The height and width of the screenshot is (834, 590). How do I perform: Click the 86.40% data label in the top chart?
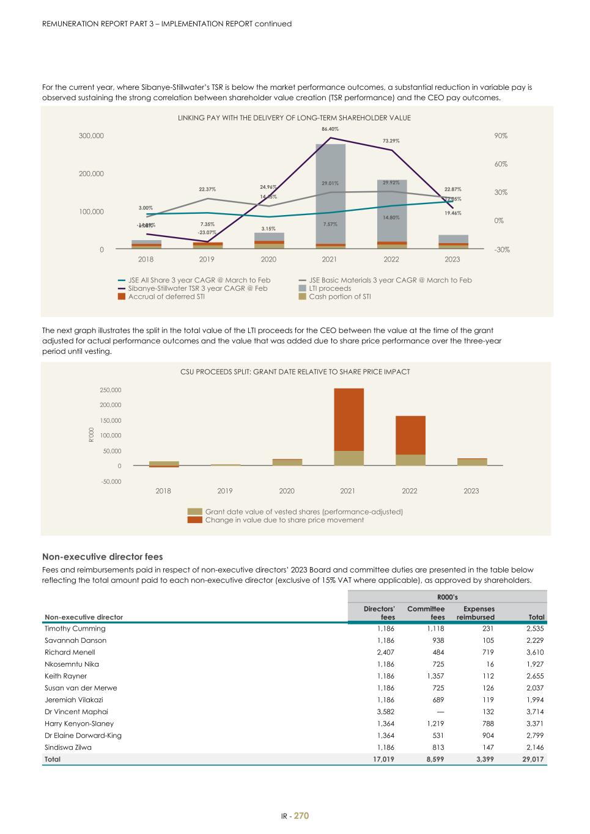click(x=330, y=129)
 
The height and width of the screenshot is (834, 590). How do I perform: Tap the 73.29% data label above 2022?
click(x=391, y=141)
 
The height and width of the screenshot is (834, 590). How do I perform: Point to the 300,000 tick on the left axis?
click(x=91, y=136)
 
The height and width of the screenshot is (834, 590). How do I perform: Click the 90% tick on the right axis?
click(x=501, y=136)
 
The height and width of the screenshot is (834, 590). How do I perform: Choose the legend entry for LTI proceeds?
click(x=330, y=288)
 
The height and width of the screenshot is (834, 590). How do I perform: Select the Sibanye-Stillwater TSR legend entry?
click(x=193, y=288)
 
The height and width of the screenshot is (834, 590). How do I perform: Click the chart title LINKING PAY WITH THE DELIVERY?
click(x=294, y=118)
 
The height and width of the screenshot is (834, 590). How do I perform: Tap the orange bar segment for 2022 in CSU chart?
click(x=410, y=435)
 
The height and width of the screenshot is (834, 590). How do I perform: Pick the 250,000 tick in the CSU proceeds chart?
click(x=111, y=390)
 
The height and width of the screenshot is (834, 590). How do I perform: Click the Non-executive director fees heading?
click(x=102, y=557)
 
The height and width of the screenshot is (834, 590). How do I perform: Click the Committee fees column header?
click(x=426, y=613)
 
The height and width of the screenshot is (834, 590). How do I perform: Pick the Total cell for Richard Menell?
click(x=534, y=653)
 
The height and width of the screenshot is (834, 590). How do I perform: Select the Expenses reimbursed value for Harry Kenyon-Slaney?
click(x=487, y=723)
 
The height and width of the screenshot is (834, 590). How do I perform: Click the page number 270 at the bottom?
click(x=301, y=816)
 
